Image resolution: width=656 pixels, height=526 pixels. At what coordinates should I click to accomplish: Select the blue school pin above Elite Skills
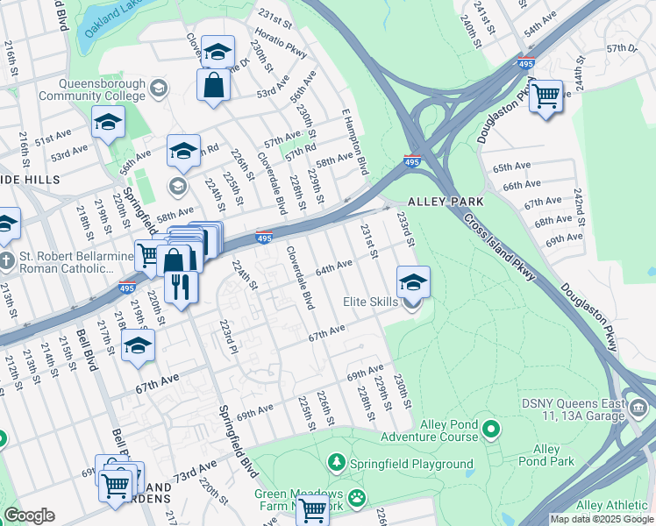click(413, 282)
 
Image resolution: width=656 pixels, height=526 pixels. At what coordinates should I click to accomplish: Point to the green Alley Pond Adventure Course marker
click(491, 430)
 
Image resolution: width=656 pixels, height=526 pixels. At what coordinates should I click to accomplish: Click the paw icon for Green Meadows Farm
click(357, 499)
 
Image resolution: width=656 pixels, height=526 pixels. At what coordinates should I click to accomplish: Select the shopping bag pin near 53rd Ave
click(213, 87)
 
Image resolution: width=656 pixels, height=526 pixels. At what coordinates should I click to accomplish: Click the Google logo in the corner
click(29, 515)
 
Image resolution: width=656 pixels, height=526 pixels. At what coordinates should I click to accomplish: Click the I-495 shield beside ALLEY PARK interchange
click(412, 161)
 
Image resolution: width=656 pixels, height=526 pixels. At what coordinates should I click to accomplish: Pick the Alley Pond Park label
click(545, 455)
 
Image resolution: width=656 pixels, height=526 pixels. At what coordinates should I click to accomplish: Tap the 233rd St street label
click(405, 228)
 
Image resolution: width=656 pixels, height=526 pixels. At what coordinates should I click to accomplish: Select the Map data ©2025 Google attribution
click(602, 519)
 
